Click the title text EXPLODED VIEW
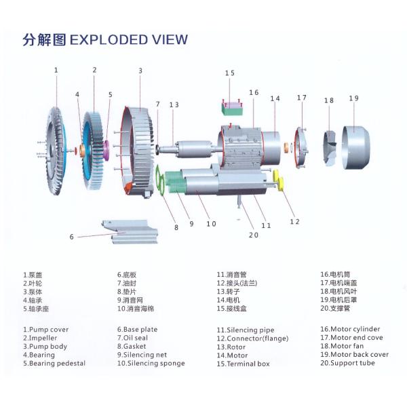click(129, 39)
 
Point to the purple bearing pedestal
click(106, 147)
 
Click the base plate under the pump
click(127, 231)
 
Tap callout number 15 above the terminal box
click(229, 73)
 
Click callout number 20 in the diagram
click(253, 235)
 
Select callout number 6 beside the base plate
click(71, 237)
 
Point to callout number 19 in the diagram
click(353, 98)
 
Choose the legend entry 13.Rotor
click(231, 346)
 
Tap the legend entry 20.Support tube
click(347, 363)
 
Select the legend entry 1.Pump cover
click(45, 329)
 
